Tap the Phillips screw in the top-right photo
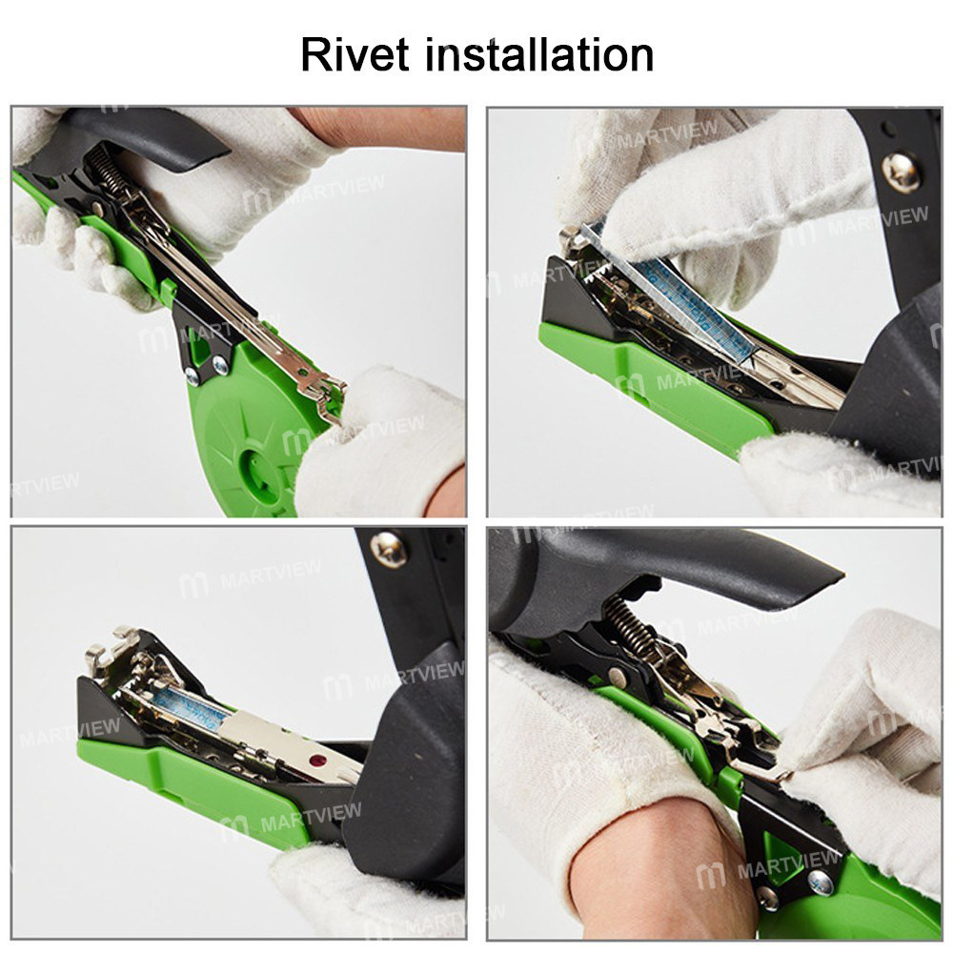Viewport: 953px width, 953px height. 900,172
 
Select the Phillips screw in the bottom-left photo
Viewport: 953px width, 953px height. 389,548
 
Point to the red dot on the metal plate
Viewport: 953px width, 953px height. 315,761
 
